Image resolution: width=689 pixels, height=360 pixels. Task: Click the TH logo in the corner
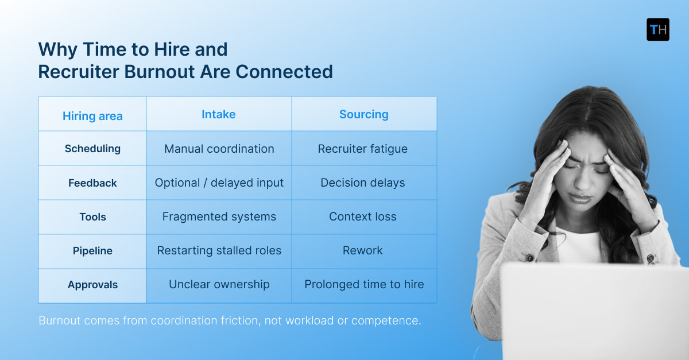click(x=657, y=29)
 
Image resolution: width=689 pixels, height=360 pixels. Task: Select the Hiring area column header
click(x=92, y=116)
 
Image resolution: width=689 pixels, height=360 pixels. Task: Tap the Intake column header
click(x=218, y=114)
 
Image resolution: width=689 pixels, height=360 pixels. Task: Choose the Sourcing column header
click(x=363, y=114)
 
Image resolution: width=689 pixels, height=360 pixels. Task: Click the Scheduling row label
click(x=92, y=148)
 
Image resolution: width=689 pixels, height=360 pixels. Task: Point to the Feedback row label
click(x=92, y=183)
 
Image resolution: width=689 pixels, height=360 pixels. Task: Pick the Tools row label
click(x=92, y=216)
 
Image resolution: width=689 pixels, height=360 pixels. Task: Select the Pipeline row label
click(x=92, y=250)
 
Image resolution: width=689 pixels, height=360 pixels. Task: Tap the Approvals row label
click(x=92, y=284)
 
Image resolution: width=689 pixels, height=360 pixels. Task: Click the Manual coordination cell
click(x=219, y=149)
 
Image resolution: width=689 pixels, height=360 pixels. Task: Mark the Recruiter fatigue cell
click(x=362, y=149)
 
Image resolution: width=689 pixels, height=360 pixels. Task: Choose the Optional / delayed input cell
click(x=219, y=183)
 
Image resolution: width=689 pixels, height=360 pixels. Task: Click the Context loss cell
click(x=362, y=216)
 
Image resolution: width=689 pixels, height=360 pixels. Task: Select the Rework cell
click(x=362, y=250)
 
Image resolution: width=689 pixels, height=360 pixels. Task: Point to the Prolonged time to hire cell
click(x=364, y=284)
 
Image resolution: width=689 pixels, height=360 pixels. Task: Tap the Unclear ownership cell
click(x=219, y=284)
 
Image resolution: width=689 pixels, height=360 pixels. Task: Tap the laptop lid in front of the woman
click(x=591, y=310)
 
